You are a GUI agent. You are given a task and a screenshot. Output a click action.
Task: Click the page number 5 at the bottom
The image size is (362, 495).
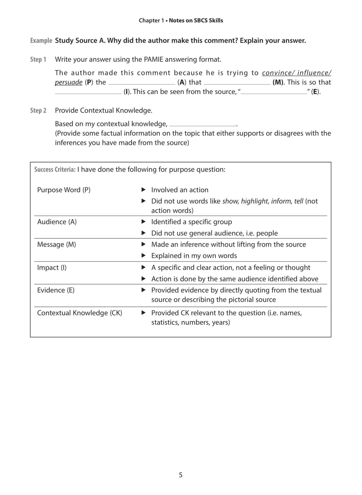tap(181, 475)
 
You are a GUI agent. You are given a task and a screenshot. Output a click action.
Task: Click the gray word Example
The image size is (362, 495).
tap(41, 41)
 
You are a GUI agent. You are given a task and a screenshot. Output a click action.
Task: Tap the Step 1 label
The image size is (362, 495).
tap(38, 59)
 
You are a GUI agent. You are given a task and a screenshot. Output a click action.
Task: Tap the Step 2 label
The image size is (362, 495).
tap(38, 111)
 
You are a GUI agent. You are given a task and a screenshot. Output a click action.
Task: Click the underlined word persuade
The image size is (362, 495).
tap(69, 82)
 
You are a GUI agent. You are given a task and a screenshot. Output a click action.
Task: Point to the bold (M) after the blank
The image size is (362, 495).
tap(278, 82)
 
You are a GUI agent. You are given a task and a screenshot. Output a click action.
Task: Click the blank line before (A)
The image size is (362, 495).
tap(142, 83)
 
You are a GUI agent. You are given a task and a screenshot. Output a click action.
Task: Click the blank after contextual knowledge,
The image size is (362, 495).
tap(202, 125)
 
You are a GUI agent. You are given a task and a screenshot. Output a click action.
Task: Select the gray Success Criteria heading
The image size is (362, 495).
tap(55, 170)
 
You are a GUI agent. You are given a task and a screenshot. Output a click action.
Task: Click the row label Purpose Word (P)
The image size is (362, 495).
tap(64, 190)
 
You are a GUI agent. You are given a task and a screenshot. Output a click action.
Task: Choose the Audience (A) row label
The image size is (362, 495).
tap(57, 222)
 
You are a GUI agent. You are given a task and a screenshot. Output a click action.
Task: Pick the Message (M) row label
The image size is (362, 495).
tap(56, 244)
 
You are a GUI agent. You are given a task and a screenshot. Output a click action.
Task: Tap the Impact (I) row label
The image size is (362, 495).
tap(52, 268)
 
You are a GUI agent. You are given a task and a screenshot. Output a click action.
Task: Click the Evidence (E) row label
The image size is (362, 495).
tap(56, 290)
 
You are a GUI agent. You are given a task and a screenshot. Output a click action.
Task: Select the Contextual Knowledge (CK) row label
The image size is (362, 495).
tap(79, 313)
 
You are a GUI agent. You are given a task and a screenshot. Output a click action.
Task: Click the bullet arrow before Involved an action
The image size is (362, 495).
tap(144, 190)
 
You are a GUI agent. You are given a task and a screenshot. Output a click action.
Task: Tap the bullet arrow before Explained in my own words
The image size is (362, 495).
tap(144, 256)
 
